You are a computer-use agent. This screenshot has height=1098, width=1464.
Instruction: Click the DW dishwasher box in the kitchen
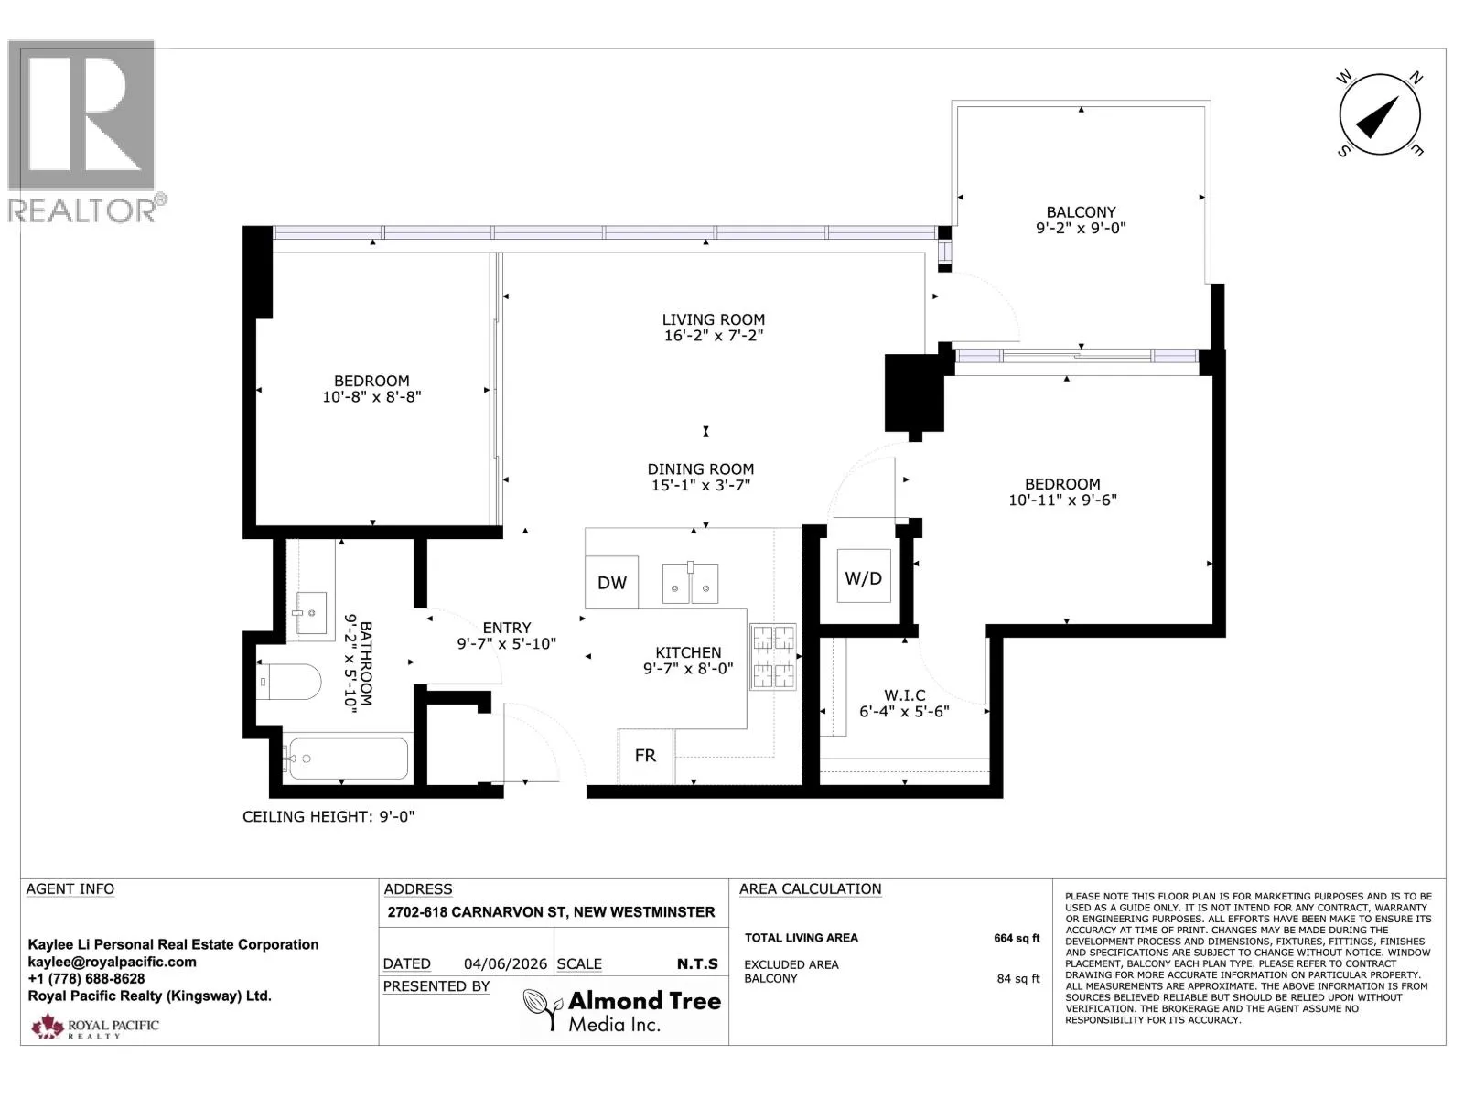coord(611,582)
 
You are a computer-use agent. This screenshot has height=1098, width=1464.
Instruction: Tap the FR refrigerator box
coord(645,756)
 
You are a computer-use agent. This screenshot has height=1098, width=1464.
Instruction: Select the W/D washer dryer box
coord(864,576)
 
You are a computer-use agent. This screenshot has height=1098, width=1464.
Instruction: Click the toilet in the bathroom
coord(289,682)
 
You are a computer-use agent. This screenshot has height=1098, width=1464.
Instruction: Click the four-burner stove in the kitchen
coord(773,656)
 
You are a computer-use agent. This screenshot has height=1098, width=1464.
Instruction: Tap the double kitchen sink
coord(690,583)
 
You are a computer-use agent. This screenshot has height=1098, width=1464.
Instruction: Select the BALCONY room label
coord(1081,212)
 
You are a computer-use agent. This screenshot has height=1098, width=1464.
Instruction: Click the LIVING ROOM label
coord(713,319)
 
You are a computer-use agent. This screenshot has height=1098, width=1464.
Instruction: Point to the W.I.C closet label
coord(904,695)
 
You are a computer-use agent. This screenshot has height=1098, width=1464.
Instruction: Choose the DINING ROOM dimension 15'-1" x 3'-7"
coord(700,485)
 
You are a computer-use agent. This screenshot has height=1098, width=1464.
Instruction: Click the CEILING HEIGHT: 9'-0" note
coord(328,817)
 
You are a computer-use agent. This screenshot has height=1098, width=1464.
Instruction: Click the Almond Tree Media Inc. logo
coord(622,1010)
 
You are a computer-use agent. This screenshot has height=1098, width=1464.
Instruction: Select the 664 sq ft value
coord(1017,938)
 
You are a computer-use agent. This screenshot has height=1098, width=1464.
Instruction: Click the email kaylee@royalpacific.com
coord(112,962)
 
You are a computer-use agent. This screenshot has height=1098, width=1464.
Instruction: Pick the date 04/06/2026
coord(505,964)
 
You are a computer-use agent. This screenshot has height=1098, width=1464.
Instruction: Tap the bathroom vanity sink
coord(311,613)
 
